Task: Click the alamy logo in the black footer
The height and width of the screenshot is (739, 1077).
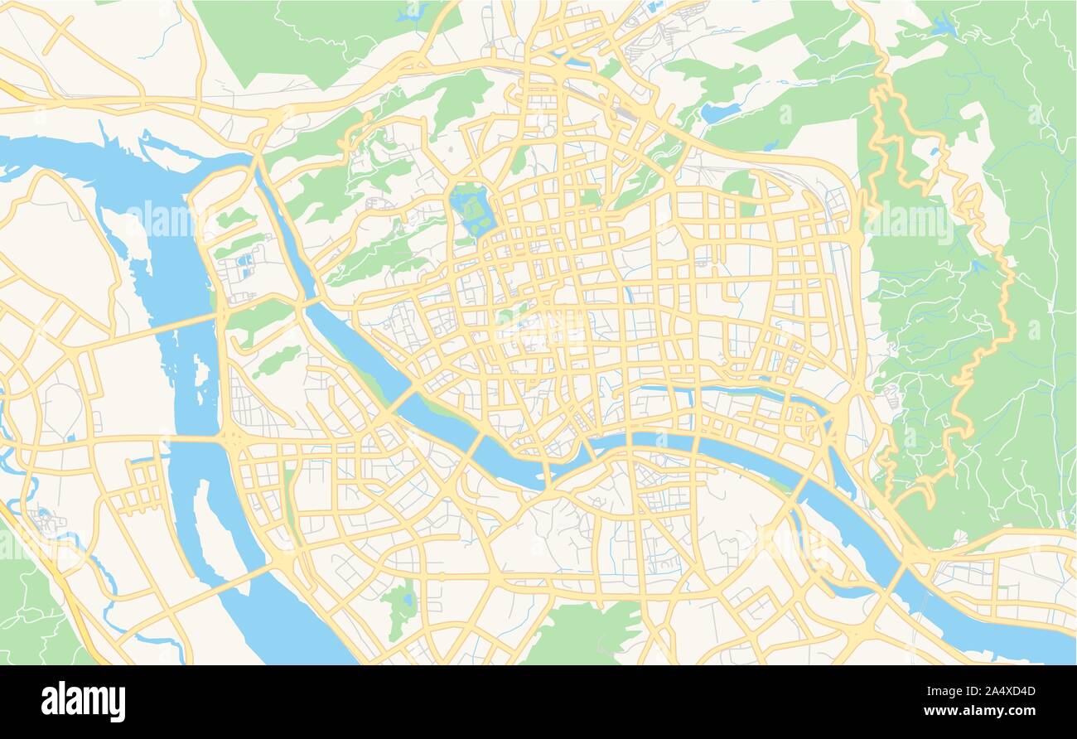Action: (83, 701)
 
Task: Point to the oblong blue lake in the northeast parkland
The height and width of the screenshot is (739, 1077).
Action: (719, 112)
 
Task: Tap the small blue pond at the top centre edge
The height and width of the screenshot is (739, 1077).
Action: (409, 13)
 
